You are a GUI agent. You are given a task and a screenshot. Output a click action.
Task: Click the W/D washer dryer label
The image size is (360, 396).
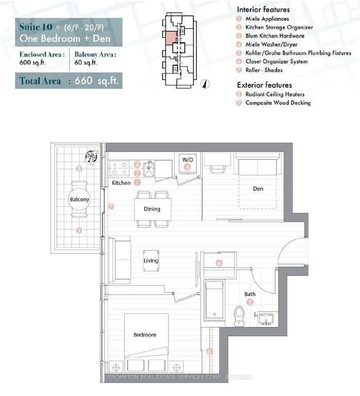(187, 159)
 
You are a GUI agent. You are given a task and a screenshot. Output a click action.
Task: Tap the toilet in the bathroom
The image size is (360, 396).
(239, 316)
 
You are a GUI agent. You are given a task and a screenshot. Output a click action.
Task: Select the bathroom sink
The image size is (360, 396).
(267, 318)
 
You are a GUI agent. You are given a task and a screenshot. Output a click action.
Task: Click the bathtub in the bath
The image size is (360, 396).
(214, 301)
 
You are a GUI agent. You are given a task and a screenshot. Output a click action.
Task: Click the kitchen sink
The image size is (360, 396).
(149, 169)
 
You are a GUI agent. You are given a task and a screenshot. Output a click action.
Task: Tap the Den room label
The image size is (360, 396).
(258, 189)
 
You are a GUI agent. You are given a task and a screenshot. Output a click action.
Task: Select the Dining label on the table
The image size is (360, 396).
(152, 209)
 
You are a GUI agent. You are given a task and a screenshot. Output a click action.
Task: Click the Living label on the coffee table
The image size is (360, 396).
(151, 261)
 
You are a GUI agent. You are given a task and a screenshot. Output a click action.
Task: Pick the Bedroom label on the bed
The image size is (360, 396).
(145, 335)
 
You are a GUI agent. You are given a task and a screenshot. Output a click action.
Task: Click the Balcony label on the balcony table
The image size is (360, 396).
(79, 199)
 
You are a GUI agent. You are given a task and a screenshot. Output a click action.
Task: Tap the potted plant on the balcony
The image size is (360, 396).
(91, 156)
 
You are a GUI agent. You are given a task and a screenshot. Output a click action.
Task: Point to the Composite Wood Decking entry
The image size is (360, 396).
(278, 103)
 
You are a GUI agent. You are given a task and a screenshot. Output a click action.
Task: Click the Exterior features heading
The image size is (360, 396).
(264, 85)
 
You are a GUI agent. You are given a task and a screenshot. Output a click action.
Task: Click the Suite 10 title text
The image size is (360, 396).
(35, 27)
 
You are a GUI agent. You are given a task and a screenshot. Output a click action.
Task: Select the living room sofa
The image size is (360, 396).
(121, 260)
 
